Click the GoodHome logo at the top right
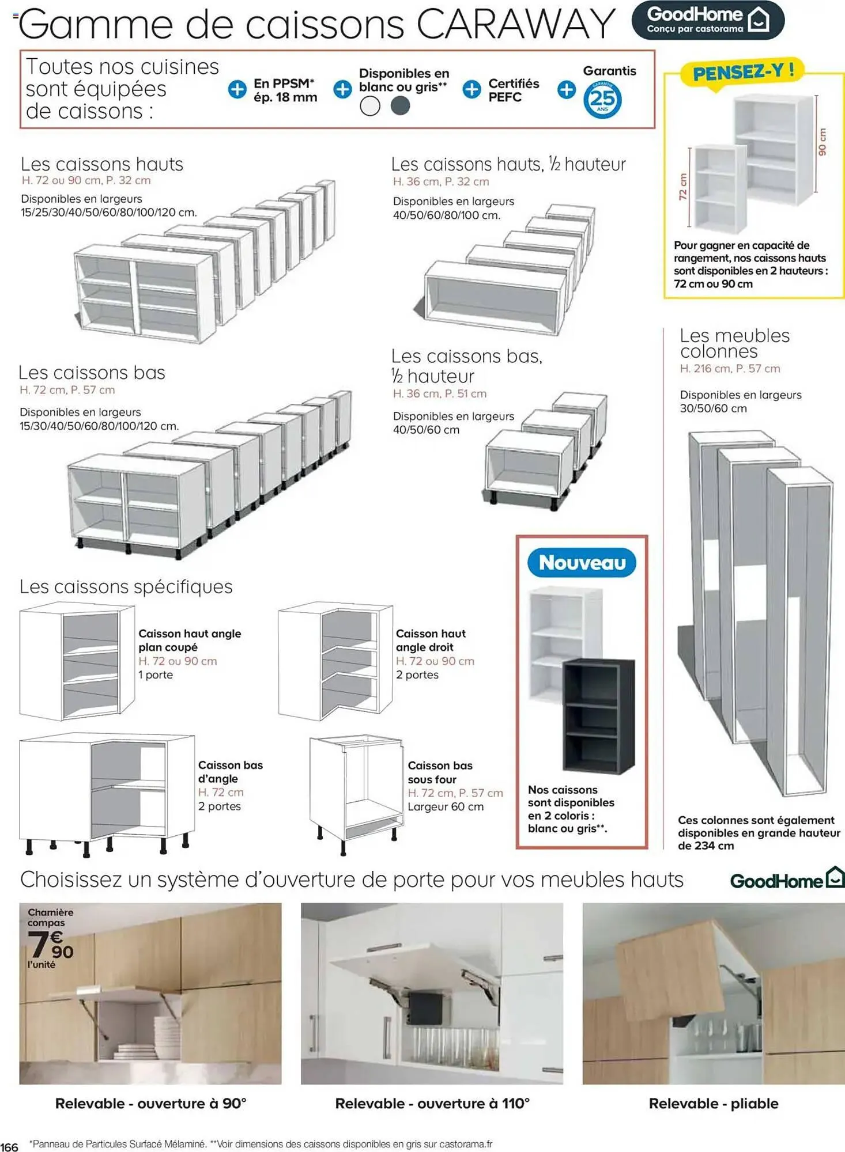[x=707, y=20]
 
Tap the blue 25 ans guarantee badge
[x=602, y=100]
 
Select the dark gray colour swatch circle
[x=400, y=106]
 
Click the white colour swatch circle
[x=370, y=106]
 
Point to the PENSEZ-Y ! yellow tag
[x=743, y=73]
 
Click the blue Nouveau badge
[x=582, y=563]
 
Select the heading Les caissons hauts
[x=102, y=165]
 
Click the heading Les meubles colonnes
[x=734, y=343]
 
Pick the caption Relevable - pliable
[x=713, y=1104]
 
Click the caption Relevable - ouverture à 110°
[x=432, y=1104]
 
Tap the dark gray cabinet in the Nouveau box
[x=598, y=716]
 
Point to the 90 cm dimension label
[x=823, y=142]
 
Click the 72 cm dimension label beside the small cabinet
[x=684, y=187]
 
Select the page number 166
[x=9, y=1147]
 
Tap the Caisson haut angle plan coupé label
[x=189, y=640]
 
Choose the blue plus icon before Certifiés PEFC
[x=471, y=89]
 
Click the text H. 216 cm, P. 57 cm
[x=730, y=369]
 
